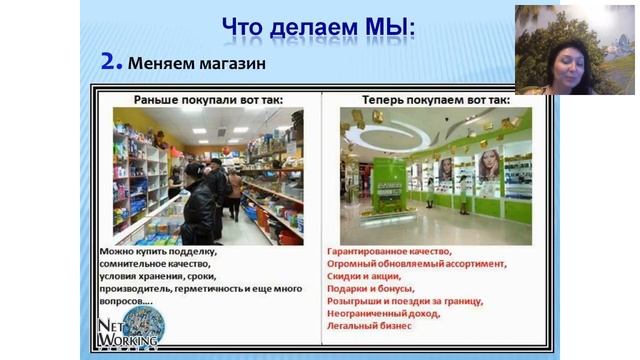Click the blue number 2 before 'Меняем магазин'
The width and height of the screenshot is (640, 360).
pyautogui.click(x=110, y=61)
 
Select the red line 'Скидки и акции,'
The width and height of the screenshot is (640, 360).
pyautogui.click(x=366, y=276)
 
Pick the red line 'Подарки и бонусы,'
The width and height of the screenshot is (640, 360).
pyautogui.click(x=371, y=288)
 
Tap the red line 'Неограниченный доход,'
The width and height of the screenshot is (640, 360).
pyautogui.click(x=383, y=313)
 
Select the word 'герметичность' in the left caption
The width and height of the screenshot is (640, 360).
pyautogui.click(x=211, y=288)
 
